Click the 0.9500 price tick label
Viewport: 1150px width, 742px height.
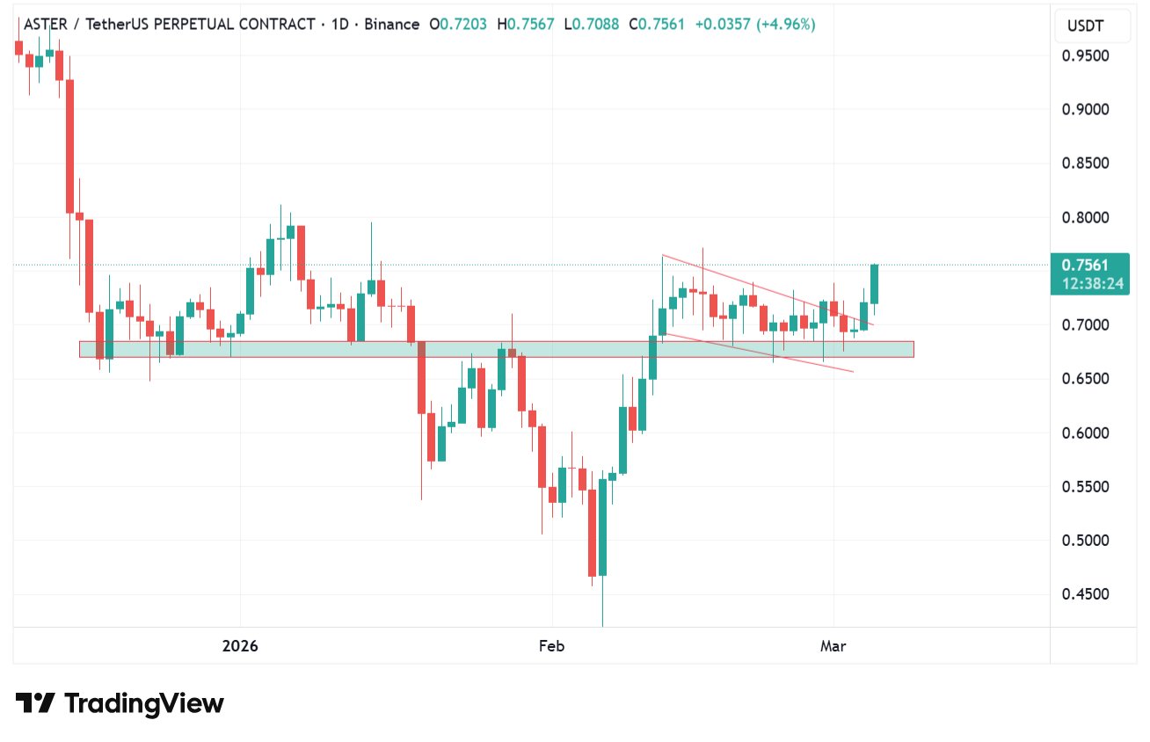coord(1085,55)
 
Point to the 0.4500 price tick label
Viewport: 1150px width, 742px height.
coord(1085,594)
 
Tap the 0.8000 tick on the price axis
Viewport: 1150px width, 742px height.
coord(1085,217)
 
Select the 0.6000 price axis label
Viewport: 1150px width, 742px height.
coord(1085,433)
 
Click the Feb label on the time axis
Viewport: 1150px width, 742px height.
coord(551,646)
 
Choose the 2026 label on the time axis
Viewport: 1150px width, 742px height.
coord(240,646)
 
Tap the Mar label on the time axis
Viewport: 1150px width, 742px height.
coord(833,646)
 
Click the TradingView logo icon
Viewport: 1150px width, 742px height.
coord(35,703)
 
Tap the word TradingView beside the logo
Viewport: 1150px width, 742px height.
coord(144,703)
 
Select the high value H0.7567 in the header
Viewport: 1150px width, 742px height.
coord(526,25)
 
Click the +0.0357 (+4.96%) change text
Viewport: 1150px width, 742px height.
coord(754,25)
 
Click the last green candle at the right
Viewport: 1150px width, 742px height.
coord(875,284)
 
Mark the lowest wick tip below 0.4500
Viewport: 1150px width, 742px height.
coord(602,625)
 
